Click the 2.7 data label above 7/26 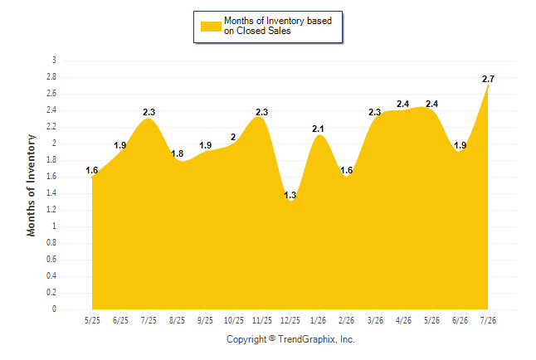coord(488,79)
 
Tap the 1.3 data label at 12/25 coord(290,195)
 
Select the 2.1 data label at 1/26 coord(318,129)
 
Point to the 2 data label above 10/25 coord(233,137)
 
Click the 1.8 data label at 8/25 coord(177,153)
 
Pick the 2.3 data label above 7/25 coord(149,112)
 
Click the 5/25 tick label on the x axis coord(92,320)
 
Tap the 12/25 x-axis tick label coord(290,320)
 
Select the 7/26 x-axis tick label coord(488,320)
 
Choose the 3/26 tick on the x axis coord(375,320)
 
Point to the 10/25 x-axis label coord(233,320)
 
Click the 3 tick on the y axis coord(54,61)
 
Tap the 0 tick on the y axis coord(54,309)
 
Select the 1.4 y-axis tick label coord(51,193)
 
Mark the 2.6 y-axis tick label coord(51,94)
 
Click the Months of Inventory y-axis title coord(31,185)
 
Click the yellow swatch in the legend coord(211,27)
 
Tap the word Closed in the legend coord(251,31)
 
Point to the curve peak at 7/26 coord(488,85)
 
